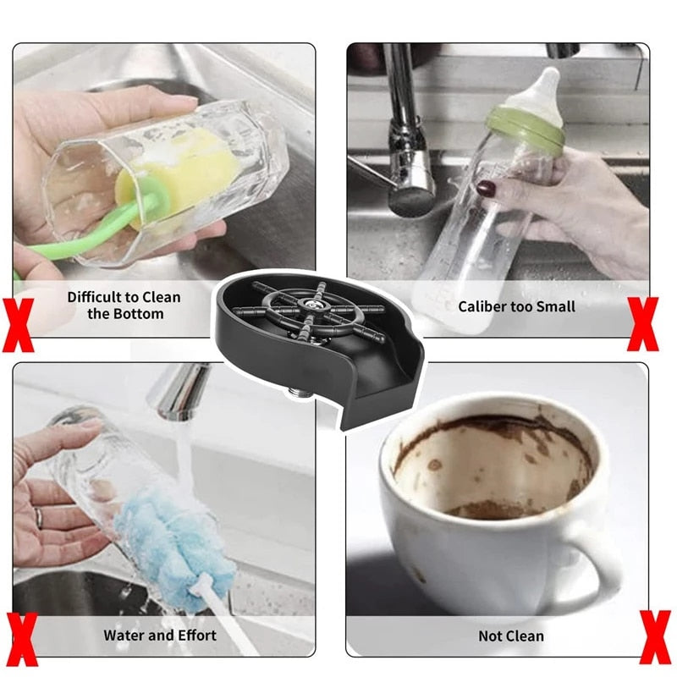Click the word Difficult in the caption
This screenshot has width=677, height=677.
(x=94, y=297)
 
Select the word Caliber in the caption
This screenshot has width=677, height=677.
(x=482, y=306)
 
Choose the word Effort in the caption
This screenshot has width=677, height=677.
(x=197, y=636)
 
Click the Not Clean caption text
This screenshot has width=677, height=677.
(x=511, y=636)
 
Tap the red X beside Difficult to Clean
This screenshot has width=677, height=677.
(x=18, y=325)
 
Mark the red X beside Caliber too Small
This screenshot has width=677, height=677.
(x=643, y=324)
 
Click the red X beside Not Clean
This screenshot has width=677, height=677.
(x=656, y=637)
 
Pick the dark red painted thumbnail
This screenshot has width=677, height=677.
(x=486, y=188)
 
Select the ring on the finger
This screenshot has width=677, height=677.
(x=39, y=517)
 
